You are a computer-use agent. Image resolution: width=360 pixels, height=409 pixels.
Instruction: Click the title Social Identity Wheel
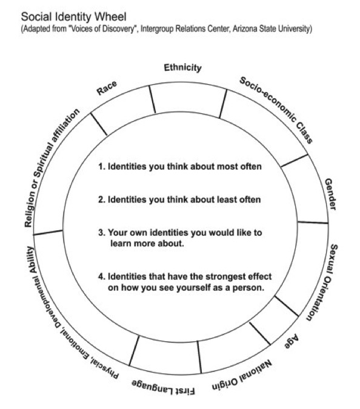pos(73,17)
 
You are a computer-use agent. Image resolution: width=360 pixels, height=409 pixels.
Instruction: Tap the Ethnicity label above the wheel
pos(182,68)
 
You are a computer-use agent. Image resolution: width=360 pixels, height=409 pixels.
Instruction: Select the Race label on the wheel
pos(107,88)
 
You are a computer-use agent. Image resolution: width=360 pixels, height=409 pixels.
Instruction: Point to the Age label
pos(292,341)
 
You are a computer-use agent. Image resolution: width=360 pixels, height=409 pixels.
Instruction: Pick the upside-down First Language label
pos(163,387)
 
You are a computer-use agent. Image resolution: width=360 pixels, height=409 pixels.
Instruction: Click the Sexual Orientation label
pos(322,282)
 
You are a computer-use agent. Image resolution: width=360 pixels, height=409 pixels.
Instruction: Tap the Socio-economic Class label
pos(276,110)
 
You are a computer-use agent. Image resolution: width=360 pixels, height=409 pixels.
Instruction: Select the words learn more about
pos(147,244)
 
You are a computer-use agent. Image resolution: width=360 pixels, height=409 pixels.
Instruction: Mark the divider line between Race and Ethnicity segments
pos(152,99)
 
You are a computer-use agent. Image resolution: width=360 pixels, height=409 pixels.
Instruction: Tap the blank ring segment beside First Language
pos(165,356)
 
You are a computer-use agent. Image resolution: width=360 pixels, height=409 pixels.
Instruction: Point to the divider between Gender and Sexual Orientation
pos(313,222)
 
